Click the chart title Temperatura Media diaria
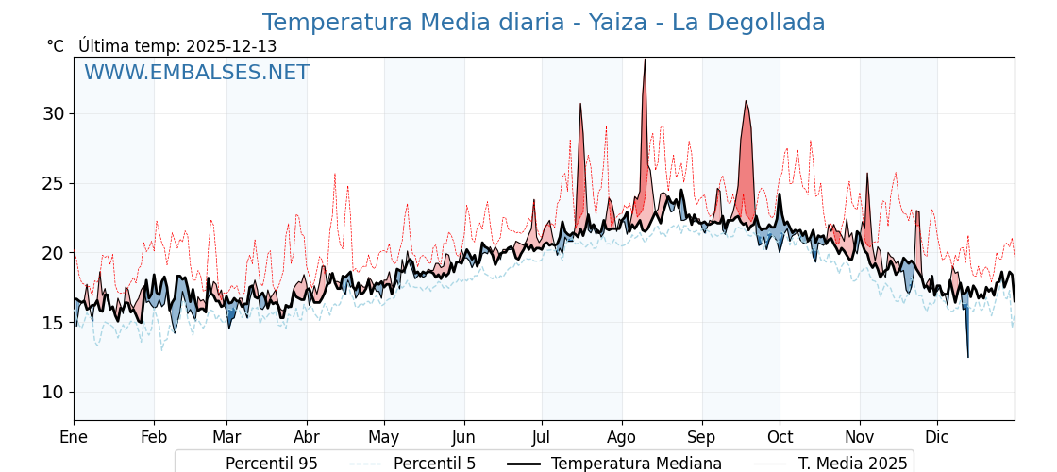(x=543, y=23)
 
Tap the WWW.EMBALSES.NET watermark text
(x=196, y=73)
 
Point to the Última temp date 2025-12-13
(x=231, y=46)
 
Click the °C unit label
(x=55, y=46)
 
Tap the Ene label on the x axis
(x=74, y=437)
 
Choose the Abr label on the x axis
(x=307, y=437)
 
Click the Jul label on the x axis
(x=542, y=437)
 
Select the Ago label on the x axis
(x=622, y=437)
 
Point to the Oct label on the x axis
(x=780, y=437)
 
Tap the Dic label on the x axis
(x=937, y=437)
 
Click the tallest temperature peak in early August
(x=645, y=60)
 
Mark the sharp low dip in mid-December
(x=967, y=355)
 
